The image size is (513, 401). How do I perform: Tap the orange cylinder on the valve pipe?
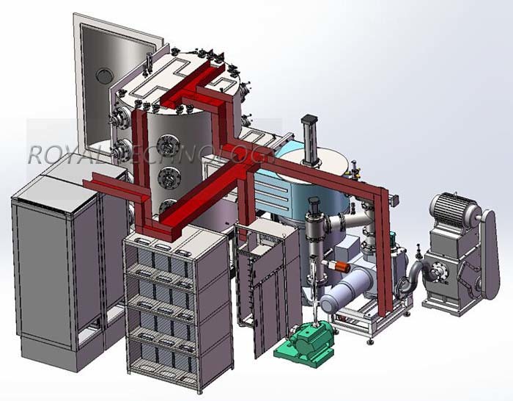pyautogui.click(x=342, y=267)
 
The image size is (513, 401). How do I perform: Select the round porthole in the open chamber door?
pyautogui.click(x=105, y=76)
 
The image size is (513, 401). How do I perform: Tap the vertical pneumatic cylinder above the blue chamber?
pyautogui.click(x=310, y=139)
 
